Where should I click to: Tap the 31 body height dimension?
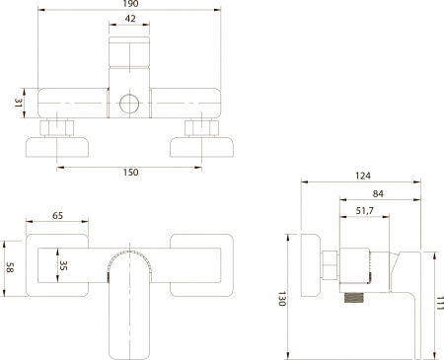(20, 103)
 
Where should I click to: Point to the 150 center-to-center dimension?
(131, 174)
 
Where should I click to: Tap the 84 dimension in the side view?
(380, 193)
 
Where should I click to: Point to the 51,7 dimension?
(363, 211)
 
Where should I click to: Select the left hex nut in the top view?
(58, 128)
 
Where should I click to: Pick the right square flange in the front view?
(201, 264)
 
